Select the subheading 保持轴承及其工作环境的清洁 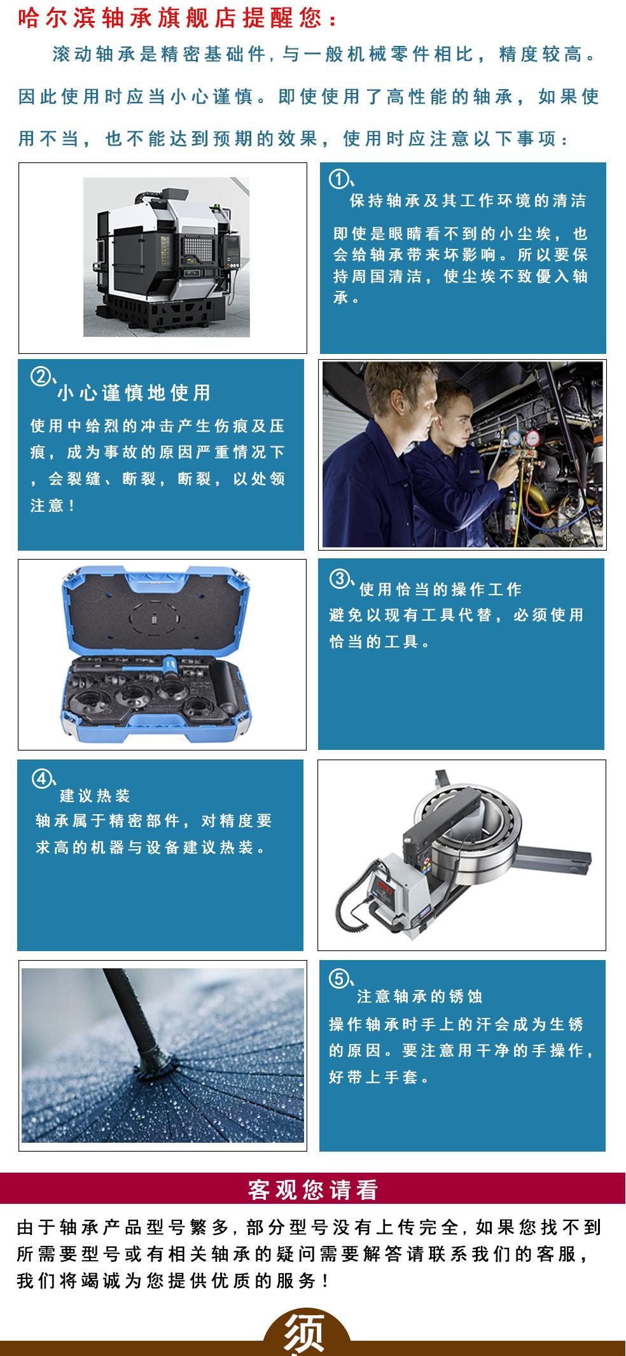point(468,201)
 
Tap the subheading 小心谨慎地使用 point(134,393)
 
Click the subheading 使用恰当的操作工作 point(441,590)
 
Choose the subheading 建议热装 point(95,795)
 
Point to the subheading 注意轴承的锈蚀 point(420,996)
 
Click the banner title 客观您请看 point(313,1189)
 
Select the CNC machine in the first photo point(167,257)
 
